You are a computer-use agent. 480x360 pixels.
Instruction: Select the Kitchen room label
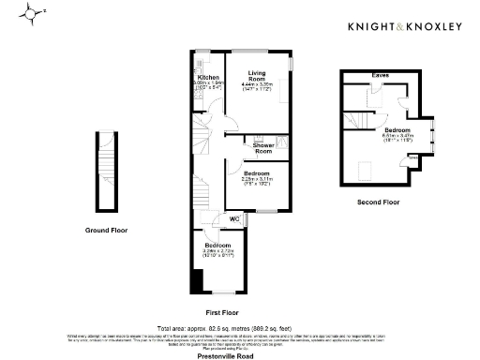click(x=208, y=78)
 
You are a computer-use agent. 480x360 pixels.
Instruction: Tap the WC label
click(x=235, y=219)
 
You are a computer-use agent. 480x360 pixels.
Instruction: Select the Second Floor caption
click(x=378, y=201)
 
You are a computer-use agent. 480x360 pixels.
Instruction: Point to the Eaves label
click(x=380, y=74)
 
